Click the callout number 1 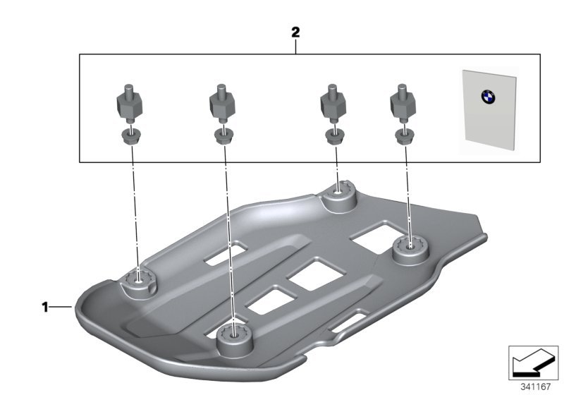pyautogui.click(x=45, y=308)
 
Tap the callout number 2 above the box pyautogui.click(x=295, y=32)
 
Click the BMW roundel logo pyautogui.click(x=488, y=97)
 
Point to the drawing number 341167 pyautogui.click(x=536, y=387)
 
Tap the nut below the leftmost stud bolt pyautogui.click(x=131, y=136)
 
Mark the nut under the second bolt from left pyautogui.click(x=223, y=136)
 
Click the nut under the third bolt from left pyautogui.click(x=333, y=136)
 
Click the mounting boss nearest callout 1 pyautogui.click(x=138, y=284)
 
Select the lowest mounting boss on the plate pyautogui.click(x=235, y=338)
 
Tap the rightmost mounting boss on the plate pyautogui.click(x=410, y=250)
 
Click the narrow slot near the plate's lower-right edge pyautogui.click(x=349, y=322)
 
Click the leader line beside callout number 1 pyautogui.click(x=61, y=307)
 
